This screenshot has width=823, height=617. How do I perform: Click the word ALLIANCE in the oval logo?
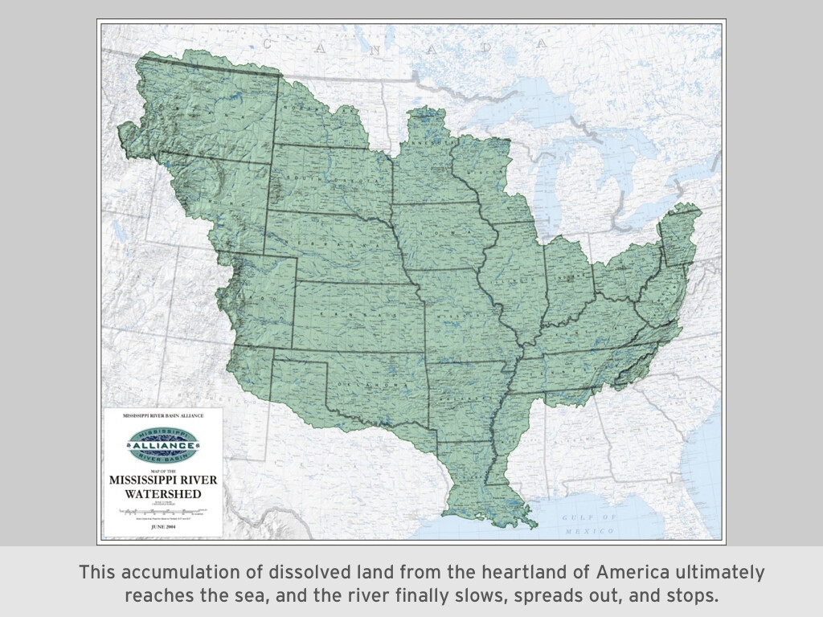pyautogui.click(x=162, y=445)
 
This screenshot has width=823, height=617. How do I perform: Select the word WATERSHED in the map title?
pyautogui.click(x=162, y=493)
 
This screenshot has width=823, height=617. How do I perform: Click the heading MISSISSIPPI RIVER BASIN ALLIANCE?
pyautogui.click(x=162, y=415)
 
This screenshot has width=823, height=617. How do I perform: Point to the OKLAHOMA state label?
pyautogui.click(x=371, y=383)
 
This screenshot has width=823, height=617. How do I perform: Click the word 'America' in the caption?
pyautogui.click(x=623, y=573)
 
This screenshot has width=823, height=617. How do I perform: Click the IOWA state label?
pyautogui.click(x=447, y=231)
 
